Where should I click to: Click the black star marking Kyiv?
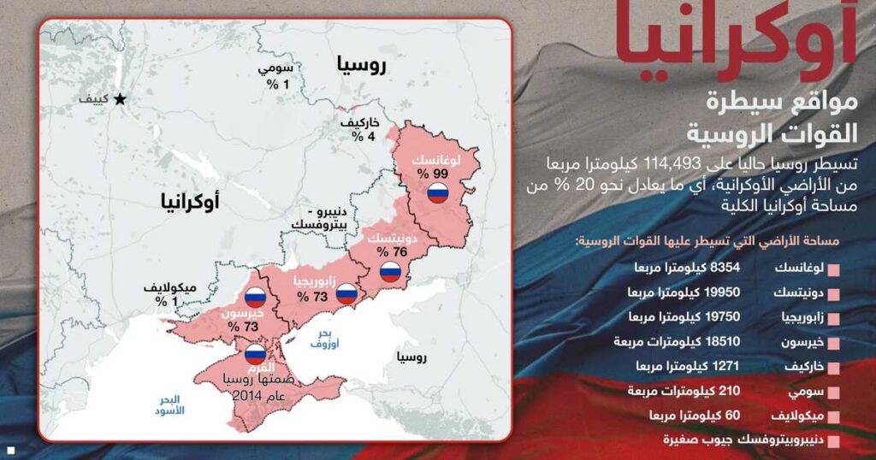[x=121, y=99]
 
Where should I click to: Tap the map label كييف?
[x=93, y=99]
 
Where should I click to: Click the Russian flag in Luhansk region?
[x=438, y=192]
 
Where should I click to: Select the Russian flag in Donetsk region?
[x=390, y=272]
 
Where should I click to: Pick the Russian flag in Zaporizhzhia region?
[x=346, y=293]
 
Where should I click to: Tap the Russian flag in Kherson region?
[x=255, y=298]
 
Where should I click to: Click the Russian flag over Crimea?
[x=255, y=352]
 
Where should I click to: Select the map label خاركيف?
[x=359, y=124]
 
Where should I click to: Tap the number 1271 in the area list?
[x=726, y=366]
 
